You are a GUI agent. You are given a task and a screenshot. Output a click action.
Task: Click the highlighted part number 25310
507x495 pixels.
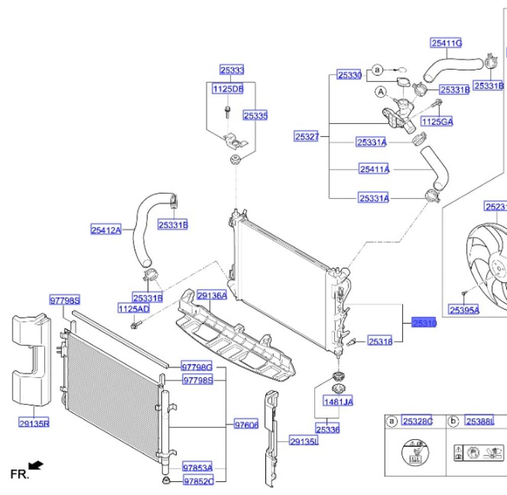click(424, 323)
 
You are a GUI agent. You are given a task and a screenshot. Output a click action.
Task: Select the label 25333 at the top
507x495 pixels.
click(232, 70)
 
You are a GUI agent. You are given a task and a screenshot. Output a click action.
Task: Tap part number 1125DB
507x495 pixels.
click(228, 89)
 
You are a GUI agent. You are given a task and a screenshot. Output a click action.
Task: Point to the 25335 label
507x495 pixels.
click(255, 116)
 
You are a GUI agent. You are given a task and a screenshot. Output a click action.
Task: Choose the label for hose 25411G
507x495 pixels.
click(446, 43)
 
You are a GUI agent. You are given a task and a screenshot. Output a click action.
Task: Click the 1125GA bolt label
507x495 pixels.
click(437, 121)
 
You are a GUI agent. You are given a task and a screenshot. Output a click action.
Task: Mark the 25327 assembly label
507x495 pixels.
click(307, 136)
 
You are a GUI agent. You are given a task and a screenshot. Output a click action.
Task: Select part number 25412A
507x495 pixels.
click(106, 230)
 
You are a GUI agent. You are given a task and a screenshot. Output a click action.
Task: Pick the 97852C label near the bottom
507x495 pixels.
click(198, 481)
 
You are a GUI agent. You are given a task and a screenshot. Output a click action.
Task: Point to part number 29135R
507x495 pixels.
click(34, 423)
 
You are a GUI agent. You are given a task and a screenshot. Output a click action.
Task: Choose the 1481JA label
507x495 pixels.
click(338, 402)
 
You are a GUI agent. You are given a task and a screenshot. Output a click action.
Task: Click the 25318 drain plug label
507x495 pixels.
click(380, 342)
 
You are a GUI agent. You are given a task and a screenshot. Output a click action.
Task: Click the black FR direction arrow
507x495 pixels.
click(36, 465)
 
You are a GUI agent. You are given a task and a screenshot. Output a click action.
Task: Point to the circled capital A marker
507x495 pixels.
click(381, 92)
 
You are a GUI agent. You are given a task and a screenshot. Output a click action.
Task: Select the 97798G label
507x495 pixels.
click(197, 367)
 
